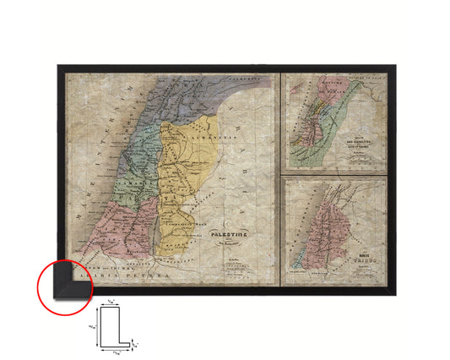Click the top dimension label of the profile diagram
click(x=111, y=303)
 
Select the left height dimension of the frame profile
click(x=92, y=324)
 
